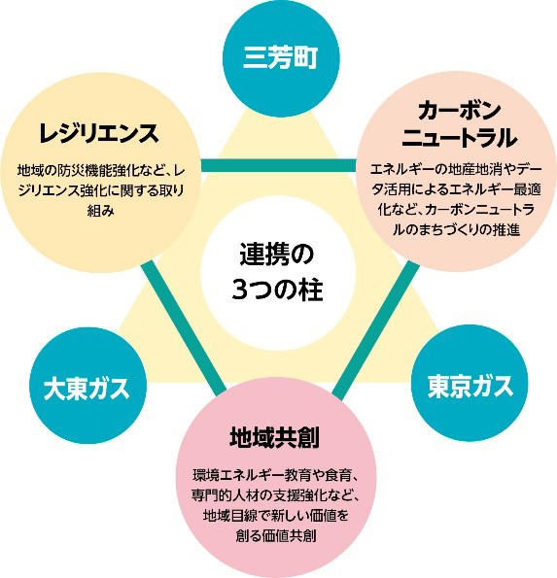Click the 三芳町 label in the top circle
point(280,58)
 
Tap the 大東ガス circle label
point(87,389)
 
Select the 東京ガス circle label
point(470,387)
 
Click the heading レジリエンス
point(99,133)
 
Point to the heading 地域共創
point(274,437)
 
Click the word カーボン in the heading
point(459,111)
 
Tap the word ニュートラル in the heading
point(459,138)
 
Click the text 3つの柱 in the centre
point(277,289)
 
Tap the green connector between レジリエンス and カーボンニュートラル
point(278,165)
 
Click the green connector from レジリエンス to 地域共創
point(184,325)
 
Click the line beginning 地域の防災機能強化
point(101,171)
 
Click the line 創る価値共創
point(276,535)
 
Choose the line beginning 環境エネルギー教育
point(276,476)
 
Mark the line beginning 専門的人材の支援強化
point(276,495)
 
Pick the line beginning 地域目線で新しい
point(276,515)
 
